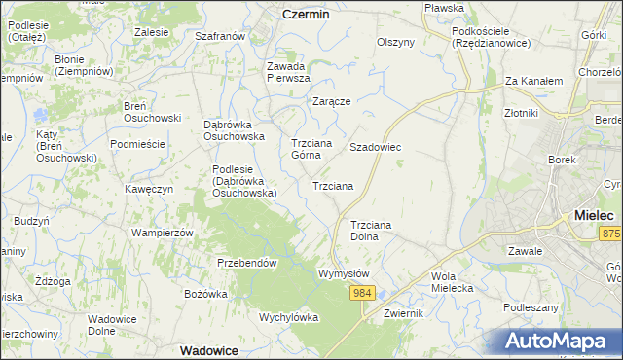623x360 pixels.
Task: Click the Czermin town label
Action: pyautogui.click(x=306, y=15)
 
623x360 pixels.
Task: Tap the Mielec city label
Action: pyautogui.click(x=594, y=215)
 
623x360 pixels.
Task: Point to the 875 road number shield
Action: pyautogui.click(x=610, y=234)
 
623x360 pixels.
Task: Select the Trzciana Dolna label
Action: pyautogui.click(x=370, y=231)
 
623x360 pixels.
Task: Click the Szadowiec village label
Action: pyautogui.click(x=376, y=147)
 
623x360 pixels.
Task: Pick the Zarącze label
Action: pyautogui.click(x=331, y=101)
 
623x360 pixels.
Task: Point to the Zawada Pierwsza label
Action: pyautogui.click(x=288, y=72)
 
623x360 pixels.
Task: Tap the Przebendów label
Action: pyautogui.click(x=247, y=263)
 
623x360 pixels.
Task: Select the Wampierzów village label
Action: pyautogui.click(x=163, y=234)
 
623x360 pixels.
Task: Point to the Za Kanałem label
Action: pyautogui.click(x=534, y=82)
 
